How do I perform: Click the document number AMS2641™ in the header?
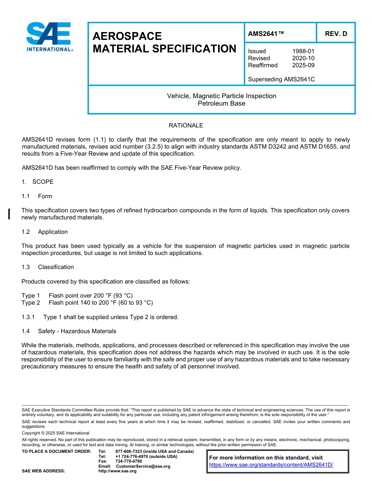tap(266, 34)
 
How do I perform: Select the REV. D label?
tap(336, 34)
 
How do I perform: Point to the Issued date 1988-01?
tap(303, 51)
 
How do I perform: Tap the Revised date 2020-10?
tap(303, 58)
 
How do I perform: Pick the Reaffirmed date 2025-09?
tap(303, 65)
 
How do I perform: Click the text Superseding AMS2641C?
tap(281, 79)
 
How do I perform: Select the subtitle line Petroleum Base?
tap(221, 104)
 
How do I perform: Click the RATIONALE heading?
tap(186, 126)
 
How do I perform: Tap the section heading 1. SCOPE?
tap(38, 182)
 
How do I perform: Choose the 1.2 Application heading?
tap(45, 232)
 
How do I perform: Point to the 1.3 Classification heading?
tap(48, 267)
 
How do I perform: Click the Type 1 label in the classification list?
tap(31, 296)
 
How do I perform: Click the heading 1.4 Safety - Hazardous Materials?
tap(69, 331)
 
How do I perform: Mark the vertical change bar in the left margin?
tap(9, 214)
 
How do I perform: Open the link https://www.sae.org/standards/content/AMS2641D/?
tap(271, 465)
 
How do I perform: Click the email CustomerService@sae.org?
tap(143, 466)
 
